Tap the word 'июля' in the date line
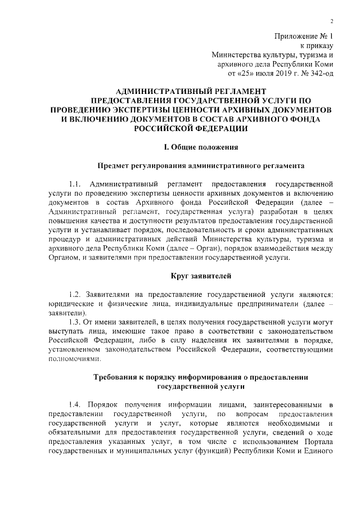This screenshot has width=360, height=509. click(264, 73)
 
